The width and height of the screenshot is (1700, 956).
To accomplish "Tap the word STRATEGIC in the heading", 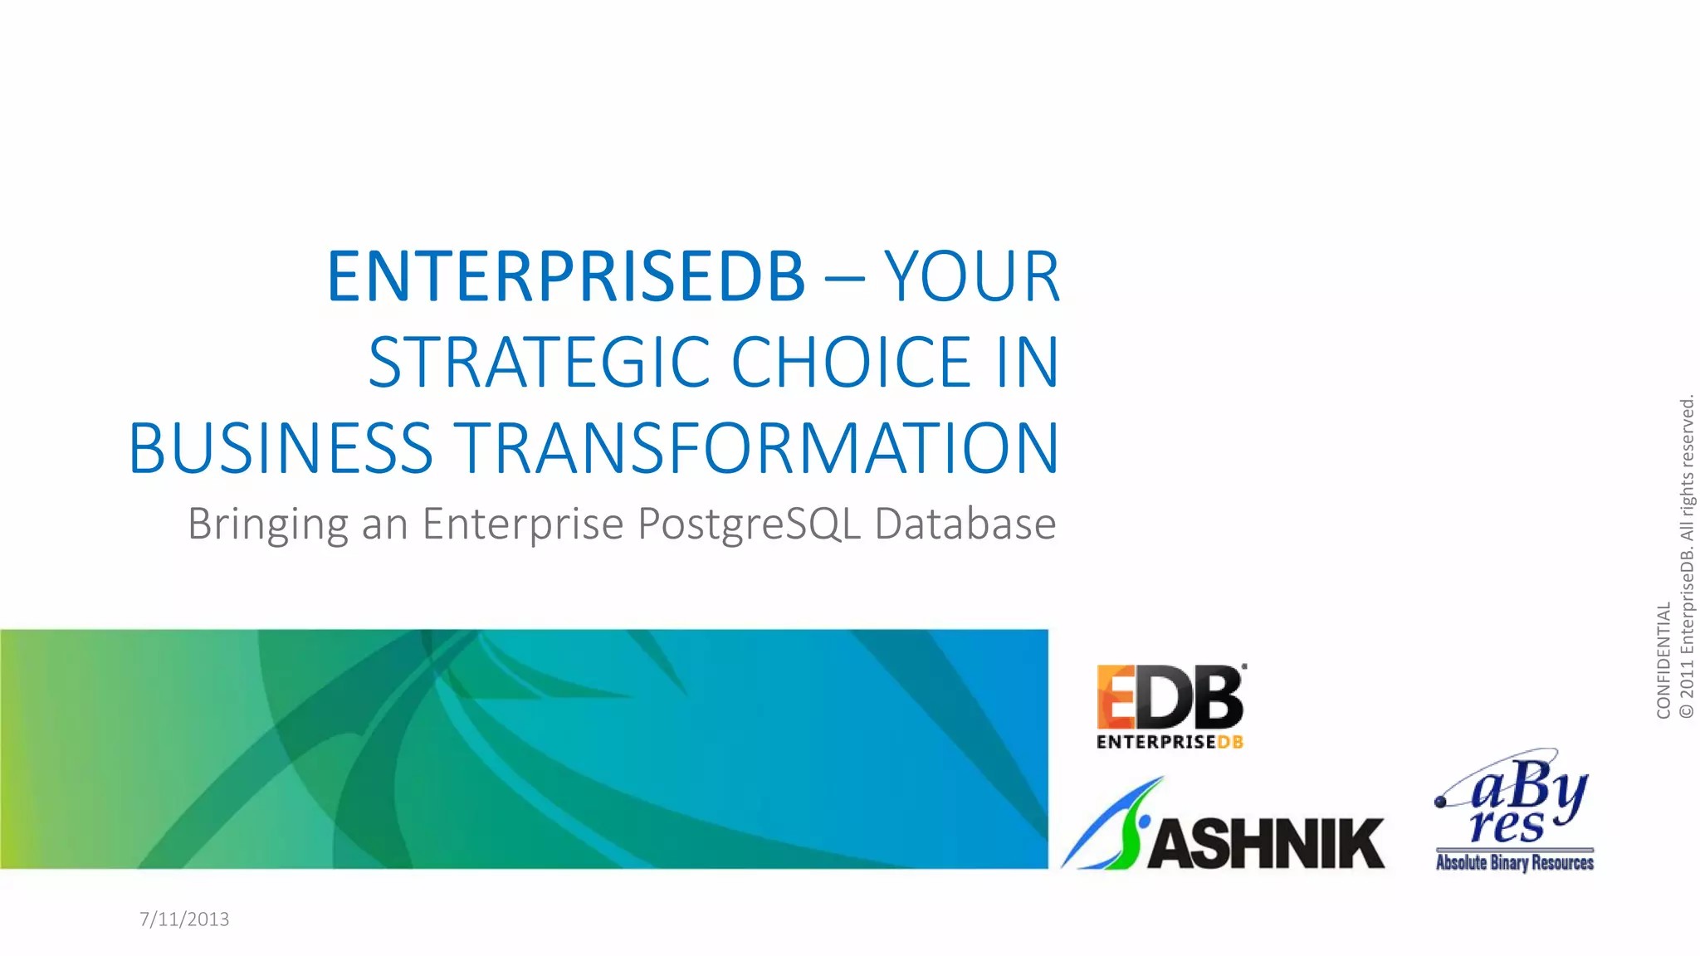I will pos(540,363).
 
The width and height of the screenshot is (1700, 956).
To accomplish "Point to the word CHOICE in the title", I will pos(852,363).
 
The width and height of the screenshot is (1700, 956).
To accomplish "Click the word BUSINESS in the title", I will pos(281,449).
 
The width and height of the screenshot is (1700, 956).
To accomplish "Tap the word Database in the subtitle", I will pos(965,524).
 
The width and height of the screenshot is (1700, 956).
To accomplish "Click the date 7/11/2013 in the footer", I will pos(184,919).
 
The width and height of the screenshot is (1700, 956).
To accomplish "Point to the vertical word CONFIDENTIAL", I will pos(1663,660).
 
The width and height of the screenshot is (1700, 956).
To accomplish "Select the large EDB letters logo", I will pos(1170,697).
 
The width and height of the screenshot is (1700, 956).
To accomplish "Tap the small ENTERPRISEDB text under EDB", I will pos(1170,742).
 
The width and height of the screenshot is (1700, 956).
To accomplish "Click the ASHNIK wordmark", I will pos(1266,843).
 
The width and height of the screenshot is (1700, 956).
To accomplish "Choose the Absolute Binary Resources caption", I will pos(1514,862).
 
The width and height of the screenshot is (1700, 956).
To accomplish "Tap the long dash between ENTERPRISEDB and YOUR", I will pos(844,280).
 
